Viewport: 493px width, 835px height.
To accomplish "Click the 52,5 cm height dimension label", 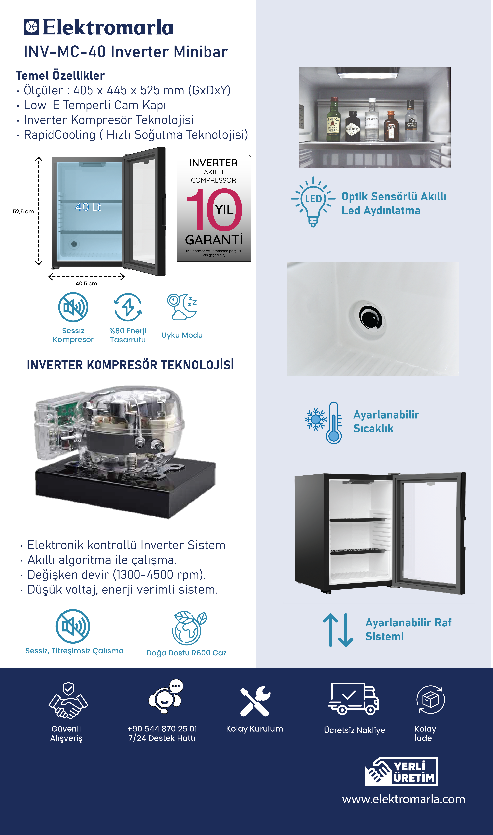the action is tap(23, 212).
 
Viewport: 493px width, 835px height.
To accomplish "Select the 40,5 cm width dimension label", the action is tap(86, 284).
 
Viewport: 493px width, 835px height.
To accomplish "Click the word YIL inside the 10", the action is tap(224, 210).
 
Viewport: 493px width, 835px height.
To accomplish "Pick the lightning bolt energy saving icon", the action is tap(128, 307).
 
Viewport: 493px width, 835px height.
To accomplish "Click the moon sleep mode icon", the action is tap(182, 307).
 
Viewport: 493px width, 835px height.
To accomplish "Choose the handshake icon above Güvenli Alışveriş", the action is tap(68, 701).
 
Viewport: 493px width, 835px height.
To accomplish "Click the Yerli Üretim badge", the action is tap(402, 771).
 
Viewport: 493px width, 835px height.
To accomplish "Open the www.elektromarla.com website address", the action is tap(404, 799).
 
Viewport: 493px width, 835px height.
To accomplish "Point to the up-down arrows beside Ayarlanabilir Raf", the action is tap(338, 630).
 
